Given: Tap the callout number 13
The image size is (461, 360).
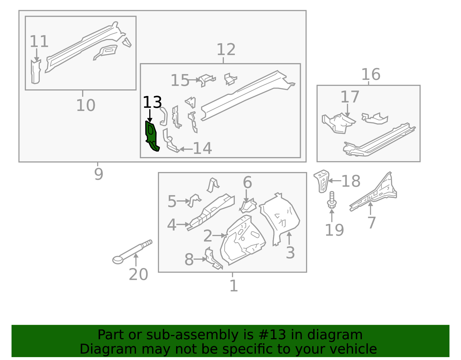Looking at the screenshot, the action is pos(152,102).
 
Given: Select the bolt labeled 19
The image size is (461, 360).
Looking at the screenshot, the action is pos(332,200).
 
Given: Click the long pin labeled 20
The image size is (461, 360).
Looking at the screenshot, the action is pos(132,252).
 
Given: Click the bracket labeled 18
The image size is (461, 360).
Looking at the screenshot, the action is pos(322,181).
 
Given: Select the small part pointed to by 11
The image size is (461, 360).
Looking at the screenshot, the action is pos(36,72).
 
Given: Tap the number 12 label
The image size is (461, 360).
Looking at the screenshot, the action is pos(226,49).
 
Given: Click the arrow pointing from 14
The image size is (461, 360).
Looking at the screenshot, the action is pos(186,149).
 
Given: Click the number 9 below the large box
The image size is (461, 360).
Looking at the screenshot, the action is pos(99,174).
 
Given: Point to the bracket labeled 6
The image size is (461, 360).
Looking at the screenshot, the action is pos(248,206).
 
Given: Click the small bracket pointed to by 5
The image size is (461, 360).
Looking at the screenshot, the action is pos(194,200).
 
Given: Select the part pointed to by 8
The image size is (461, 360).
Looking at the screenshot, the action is pos(213,258).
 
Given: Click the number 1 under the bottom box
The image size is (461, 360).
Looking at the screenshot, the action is pos(234,286).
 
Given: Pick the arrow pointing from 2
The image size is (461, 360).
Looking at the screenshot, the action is pos(219,235).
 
